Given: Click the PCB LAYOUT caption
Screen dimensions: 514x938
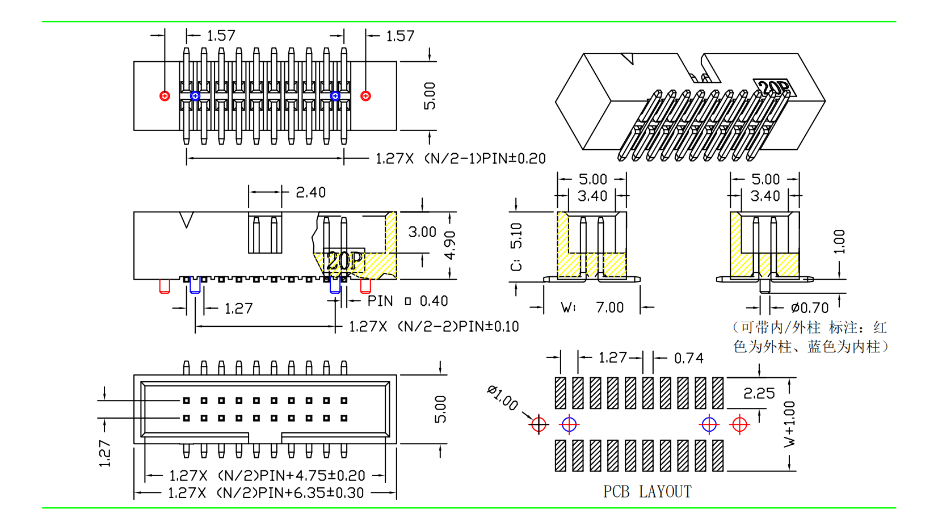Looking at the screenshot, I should (647, 491).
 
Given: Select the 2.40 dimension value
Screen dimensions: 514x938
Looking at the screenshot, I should (310, 192).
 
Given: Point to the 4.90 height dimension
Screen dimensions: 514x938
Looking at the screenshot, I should (449, 245).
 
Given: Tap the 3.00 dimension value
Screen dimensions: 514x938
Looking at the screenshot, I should (422, 232).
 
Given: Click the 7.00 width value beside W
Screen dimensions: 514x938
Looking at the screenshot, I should (609, 307).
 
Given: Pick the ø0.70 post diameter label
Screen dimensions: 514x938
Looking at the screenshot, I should (810, 308).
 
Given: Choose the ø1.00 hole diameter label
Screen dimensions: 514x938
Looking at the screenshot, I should (502, 397).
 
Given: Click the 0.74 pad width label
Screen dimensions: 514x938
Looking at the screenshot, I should (688, 359).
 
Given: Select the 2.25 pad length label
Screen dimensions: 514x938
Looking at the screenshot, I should (759, 393).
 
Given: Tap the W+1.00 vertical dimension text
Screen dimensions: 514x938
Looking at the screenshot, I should (789, 424).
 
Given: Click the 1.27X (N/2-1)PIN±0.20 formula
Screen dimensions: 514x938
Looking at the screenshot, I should (460, 159).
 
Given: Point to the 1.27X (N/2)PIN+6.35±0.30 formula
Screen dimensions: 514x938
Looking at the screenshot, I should (266, 493).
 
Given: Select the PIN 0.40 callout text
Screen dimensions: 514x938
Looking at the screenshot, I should (407, 301).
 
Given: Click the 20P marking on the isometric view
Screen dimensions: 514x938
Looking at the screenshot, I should (774, 88).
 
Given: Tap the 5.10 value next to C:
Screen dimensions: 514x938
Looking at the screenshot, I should (516, 235).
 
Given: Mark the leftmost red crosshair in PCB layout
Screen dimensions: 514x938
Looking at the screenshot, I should (539, 424).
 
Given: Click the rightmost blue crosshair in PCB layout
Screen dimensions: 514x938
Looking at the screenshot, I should (709, 424).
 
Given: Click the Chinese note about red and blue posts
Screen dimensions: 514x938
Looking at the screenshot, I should (810, 337).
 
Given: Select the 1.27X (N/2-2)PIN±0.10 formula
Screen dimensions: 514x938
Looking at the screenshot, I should (434, 327).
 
